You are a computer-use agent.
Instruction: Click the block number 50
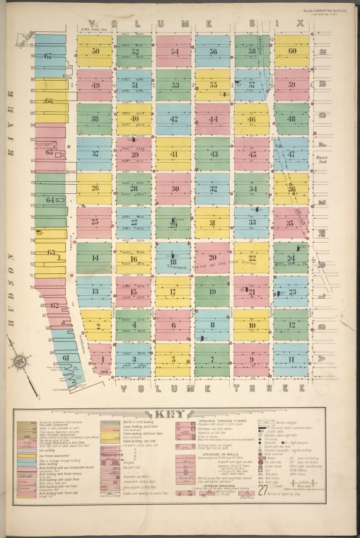[95, 51]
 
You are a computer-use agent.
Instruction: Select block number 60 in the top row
[291, 51]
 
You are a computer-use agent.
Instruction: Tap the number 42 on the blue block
[174, 119]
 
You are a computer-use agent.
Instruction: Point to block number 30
[174, 188]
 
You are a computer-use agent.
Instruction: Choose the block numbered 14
[95, 258]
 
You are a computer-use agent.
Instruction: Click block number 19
[213, 291]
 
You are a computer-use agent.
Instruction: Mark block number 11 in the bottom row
[291, 359]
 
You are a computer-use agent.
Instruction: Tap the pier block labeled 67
[48, 55]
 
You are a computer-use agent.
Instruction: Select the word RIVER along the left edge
[12, 112]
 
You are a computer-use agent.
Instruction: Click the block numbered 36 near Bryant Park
[291, 188]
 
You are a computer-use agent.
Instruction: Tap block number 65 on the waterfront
[50, 151]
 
